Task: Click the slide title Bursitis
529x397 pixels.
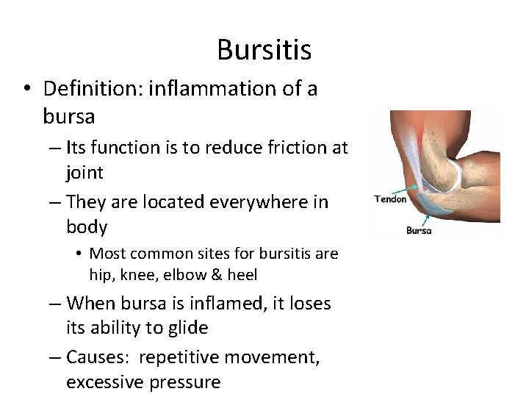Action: point(264,50)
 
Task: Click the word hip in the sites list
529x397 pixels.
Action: point(99,275)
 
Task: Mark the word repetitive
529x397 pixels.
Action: point(181,358)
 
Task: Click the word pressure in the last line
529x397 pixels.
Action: point(184,382)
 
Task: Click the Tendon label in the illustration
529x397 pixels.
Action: point(391,199)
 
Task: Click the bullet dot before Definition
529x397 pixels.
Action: point(26,90)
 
